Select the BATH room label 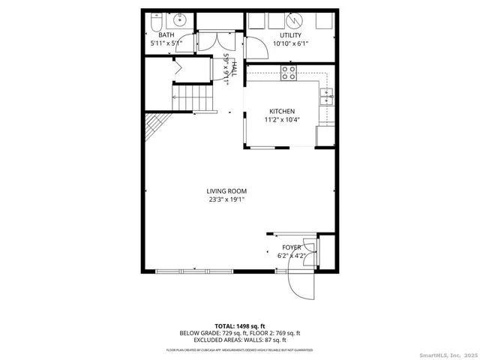click(x=166, y=35)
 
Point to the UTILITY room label click(x=290, y=35)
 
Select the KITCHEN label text click(x=282, y=111)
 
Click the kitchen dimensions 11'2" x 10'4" click(x=282, y=120)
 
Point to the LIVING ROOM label click(x=226, y=190)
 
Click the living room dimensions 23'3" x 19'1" click(x=226, y=199)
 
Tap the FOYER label click(x=291, y=247)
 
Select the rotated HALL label click(x=233, y=69)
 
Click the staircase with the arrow click(x=193, y=96)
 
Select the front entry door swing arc click(x=299, y=286)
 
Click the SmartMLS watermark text click(x=441, y=352)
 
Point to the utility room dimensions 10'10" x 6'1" click(x=290, y=44)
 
